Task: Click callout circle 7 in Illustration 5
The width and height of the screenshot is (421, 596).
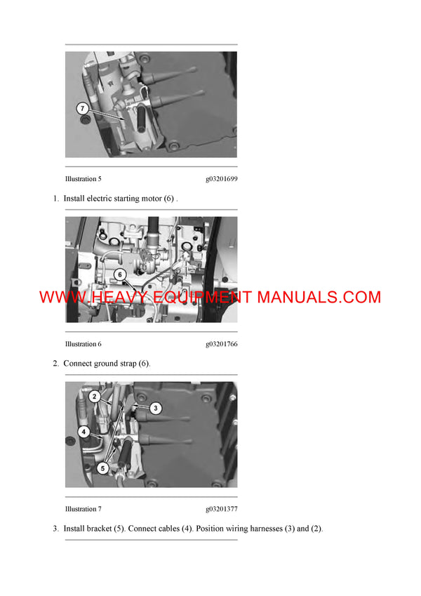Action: click(83, 109)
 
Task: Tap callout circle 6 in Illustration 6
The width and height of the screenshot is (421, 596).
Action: click(119, 274)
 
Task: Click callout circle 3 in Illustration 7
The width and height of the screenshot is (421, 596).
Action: click(156, 407)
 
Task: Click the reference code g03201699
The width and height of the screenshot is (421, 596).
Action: click(221, 179)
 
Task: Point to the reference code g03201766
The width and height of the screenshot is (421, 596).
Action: click(221, 344)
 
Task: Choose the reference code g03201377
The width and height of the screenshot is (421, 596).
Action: click(221, 509)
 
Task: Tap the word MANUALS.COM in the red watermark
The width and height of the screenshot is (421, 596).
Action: click(319, 298)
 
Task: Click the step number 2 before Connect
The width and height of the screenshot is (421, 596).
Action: click(55, 364)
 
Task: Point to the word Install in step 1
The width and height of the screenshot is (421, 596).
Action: click(74, 199)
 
